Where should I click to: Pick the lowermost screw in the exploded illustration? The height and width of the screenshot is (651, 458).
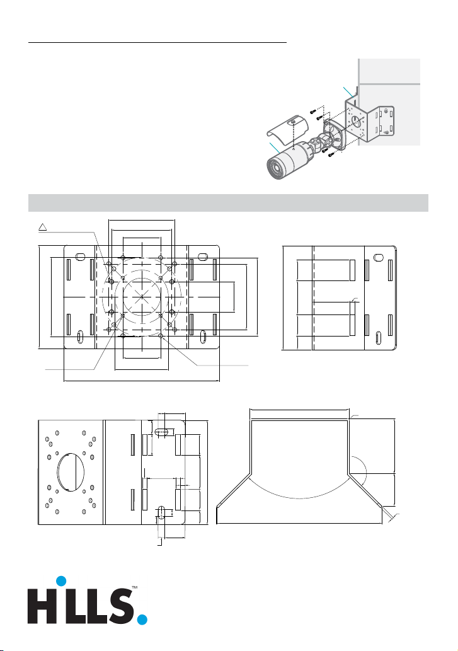pos(331,155)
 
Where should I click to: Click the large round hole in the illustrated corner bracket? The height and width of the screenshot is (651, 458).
pos(357,120)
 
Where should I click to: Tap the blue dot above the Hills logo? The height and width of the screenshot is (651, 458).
pos(61,581)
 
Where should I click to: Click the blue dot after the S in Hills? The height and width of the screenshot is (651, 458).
pos(142,619)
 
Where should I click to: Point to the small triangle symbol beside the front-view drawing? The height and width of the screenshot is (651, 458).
pos(42,226)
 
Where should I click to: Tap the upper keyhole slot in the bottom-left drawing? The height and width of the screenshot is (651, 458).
pos(162,432)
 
